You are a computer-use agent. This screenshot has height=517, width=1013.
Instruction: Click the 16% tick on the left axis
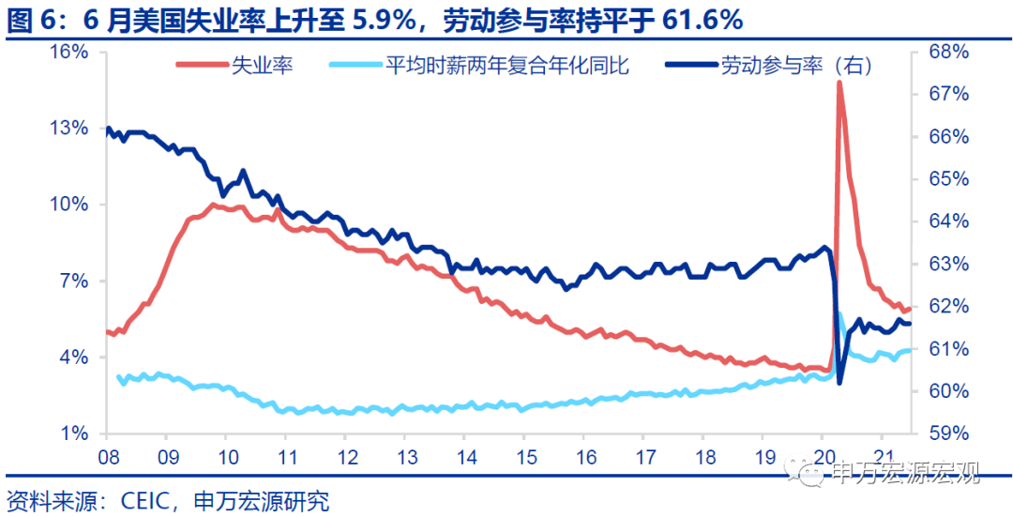click(70, 52)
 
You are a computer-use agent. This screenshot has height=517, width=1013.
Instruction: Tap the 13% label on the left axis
click(70, 128)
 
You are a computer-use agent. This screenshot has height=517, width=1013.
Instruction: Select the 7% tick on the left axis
click(74, 281)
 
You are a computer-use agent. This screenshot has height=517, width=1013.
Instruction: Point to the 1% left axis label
click(74, 433)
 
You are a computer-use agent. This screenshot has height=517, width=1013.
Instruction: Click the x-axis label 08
click(105, 461)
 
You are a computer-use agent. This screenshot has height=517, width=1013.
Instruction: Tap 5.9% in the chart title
click(382, 18)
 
